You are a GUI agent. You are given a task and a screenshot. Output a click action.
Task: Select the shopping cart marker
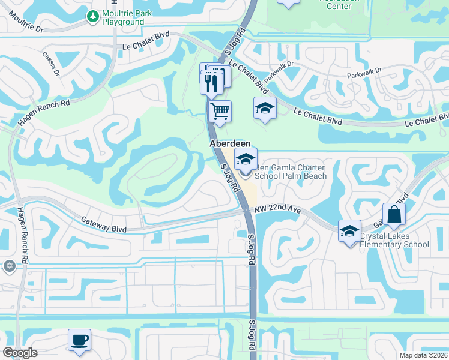(x=220, y=111)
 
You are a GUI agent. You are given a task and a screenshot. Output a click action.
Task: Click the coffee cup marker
(x=79, y=340)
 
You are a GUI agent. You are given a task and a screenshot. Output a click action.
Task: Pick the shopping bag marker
(x=394, y=215)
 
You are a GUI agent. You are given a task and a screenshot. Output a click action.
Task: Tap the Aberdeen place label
(x=225, y=144)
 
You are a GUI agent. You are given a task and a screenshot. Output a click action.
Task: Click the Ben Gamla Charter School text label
(x=291, y=172)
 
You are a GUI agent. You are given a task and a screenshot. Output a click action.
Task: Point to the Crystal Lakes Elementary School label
(x=394, y=240)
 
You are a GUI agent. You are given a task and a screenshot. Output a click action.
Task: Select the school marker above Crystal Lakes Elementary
(x=349, y=232)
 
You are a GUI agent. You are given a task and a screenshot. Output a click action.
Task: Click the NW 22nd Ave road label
(x=277, y=209)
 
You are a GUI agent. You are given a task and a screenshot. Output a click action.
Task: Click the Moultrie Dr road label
(x=23, y=28)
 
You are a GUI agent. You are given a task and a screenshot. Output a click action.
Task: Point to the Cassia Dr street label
(x=52, y=64)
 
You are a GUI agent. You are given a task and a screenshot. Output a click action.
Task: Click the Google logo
(x=19, y=353)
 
